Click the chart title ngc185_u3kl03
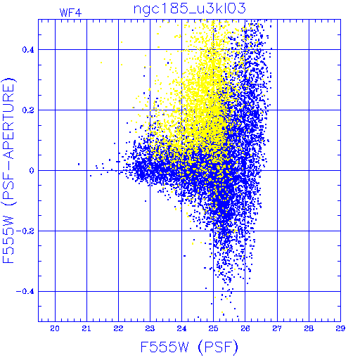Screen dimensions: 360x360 [x=189, y=8]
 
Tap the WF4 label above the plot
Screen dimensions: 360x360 [x=70, y=13]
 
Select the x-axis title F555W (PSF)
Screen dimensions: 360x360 [x=189, y=347]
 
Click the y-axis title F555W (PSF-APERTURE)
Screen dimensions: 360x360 [x=8, y=170]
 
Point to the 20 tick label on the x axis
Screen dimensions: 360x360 [x=55, y=328]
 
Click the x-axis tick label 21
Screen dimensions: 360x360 [x=86, y=328]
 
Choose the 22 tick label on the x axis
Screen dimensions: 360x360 [x=118, y=328]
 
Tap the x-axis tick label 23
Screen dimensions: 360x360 [x=150, y=328]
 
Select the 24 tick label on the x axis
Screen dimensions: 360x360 [x=181, y=328]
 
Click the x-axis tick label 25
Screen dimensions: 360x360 [x=213, y=328]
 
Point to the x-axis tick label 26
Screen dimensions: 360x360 [x=245, y=328]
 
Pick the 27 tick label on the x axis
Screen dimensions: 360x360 [x=277, y=328]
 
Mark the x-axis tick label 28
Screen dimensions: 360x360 [x=309, y=328]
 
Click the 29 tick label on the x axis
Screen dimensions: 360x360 [x=340, y=328]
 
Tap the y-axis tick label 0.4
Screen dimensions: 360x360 [x=28, y=50]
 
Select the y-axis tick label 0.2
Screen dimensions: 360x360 [x=28, y=110]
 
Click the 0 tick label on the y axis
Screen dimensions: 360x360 [x=32, y=171]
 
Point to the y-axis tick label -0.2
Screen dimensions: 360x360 [x=25, y=231]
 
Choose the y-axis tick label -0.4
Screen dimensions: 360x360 [x=25, y=292]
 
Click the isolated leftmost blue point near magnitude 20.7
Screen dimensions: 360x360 [x=79, y=164]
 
